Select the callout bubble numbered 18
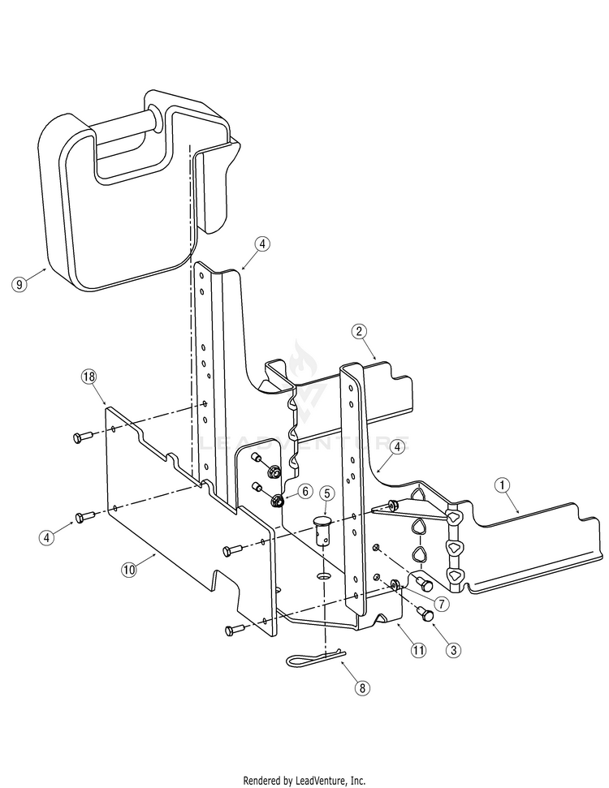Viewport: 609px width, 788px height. tap(89, 377)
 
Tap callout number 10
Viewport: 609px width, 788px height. tap(128, 569)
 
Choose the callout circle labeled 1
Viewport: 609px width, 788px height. tap(503, 485)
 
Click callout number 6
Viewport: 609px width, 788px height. tap(304, 491)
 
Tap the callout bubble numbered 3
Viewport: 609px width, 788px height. tap(454, 649)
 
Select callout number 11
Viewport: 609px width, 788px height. tap(418, 649)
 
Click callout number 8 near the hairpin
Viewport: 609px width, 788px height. tap(363, 687)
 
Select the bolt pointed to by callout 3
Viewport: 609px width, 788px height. tap(425, 614)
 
